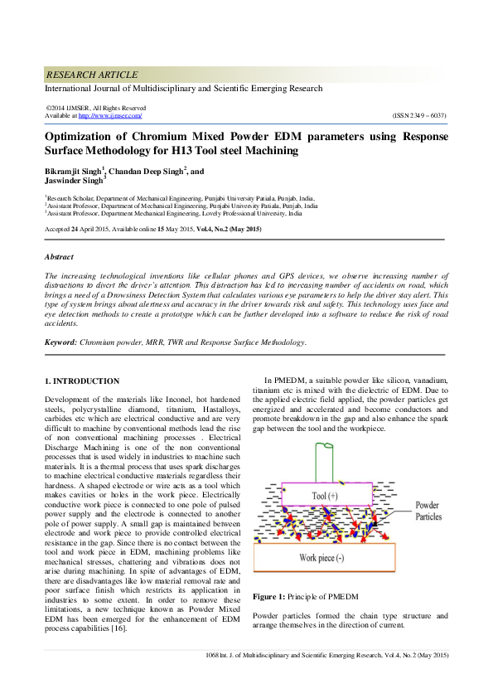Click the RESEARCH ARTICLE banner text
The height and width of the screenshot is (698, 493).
92,75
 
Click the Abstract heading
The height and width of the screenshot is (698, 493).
58,257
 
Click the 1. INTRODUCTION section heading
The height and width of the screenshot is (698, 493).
81,381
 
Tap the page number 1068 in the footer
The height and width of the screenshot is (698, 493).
213,655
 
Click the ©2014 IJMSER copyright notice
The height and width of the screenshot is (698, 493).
95,108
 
